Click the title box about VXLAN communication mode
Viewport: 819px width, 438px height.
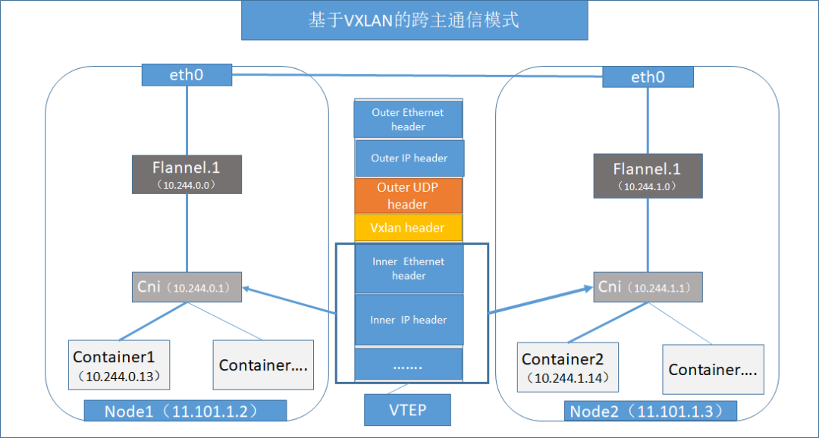414,20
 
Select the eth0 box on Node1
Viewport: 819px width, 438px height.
187,75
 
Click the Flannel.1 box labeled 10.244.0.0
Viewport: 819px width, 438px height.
187,174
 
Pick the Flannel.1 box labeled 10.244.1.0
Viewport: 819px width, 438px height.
647,176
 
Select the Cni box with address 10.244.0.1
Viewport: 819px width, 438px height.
187,287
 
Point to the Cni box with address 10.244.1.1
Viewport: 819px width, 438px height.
647,287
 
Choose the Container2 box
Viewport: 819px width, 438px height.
569,368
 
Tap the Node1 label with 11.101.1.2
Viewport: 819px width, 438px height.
185,411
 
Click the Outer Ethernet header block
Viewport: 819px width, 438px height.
408,120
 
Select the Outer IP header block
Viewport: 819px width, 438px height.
409,158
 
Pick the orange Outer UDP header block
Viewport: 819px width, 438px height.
408,196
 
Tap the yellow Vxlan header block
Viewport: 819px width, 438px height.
408,227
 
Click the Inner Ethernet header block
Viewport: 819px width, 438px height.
409,268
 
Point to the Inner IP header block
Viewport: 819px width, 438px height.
409,320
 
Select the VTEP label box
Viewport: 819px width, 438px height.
408,410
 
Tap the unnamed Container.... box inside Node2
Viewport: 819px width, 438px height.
713,369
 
